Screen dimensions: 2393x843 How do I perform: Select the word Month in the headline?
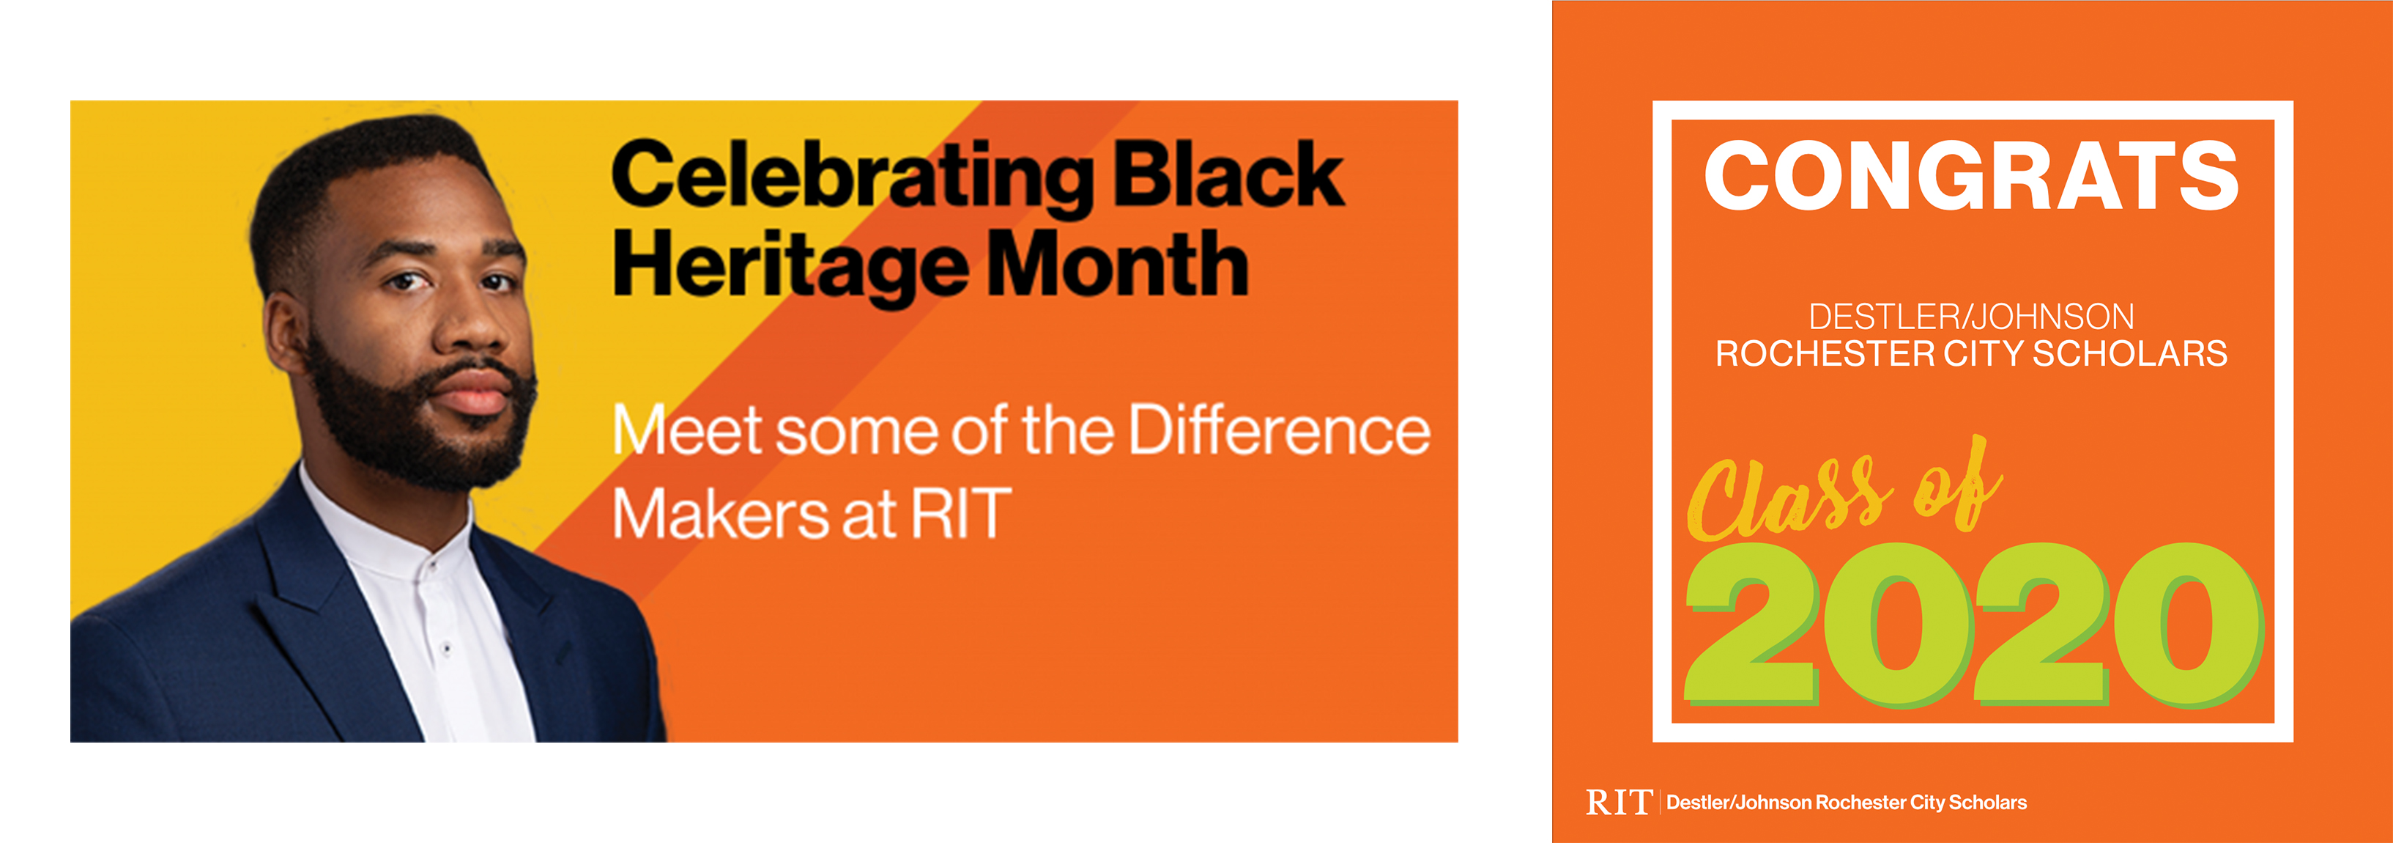(1118, 264)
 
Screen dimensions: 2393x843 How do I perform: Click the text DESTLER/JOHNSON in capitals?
(1971, 317)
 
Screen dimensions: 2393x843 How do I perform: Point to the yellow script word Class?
(1788, 497)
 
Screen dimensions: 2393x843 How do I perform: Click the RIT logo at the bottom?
(1618, 802)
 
